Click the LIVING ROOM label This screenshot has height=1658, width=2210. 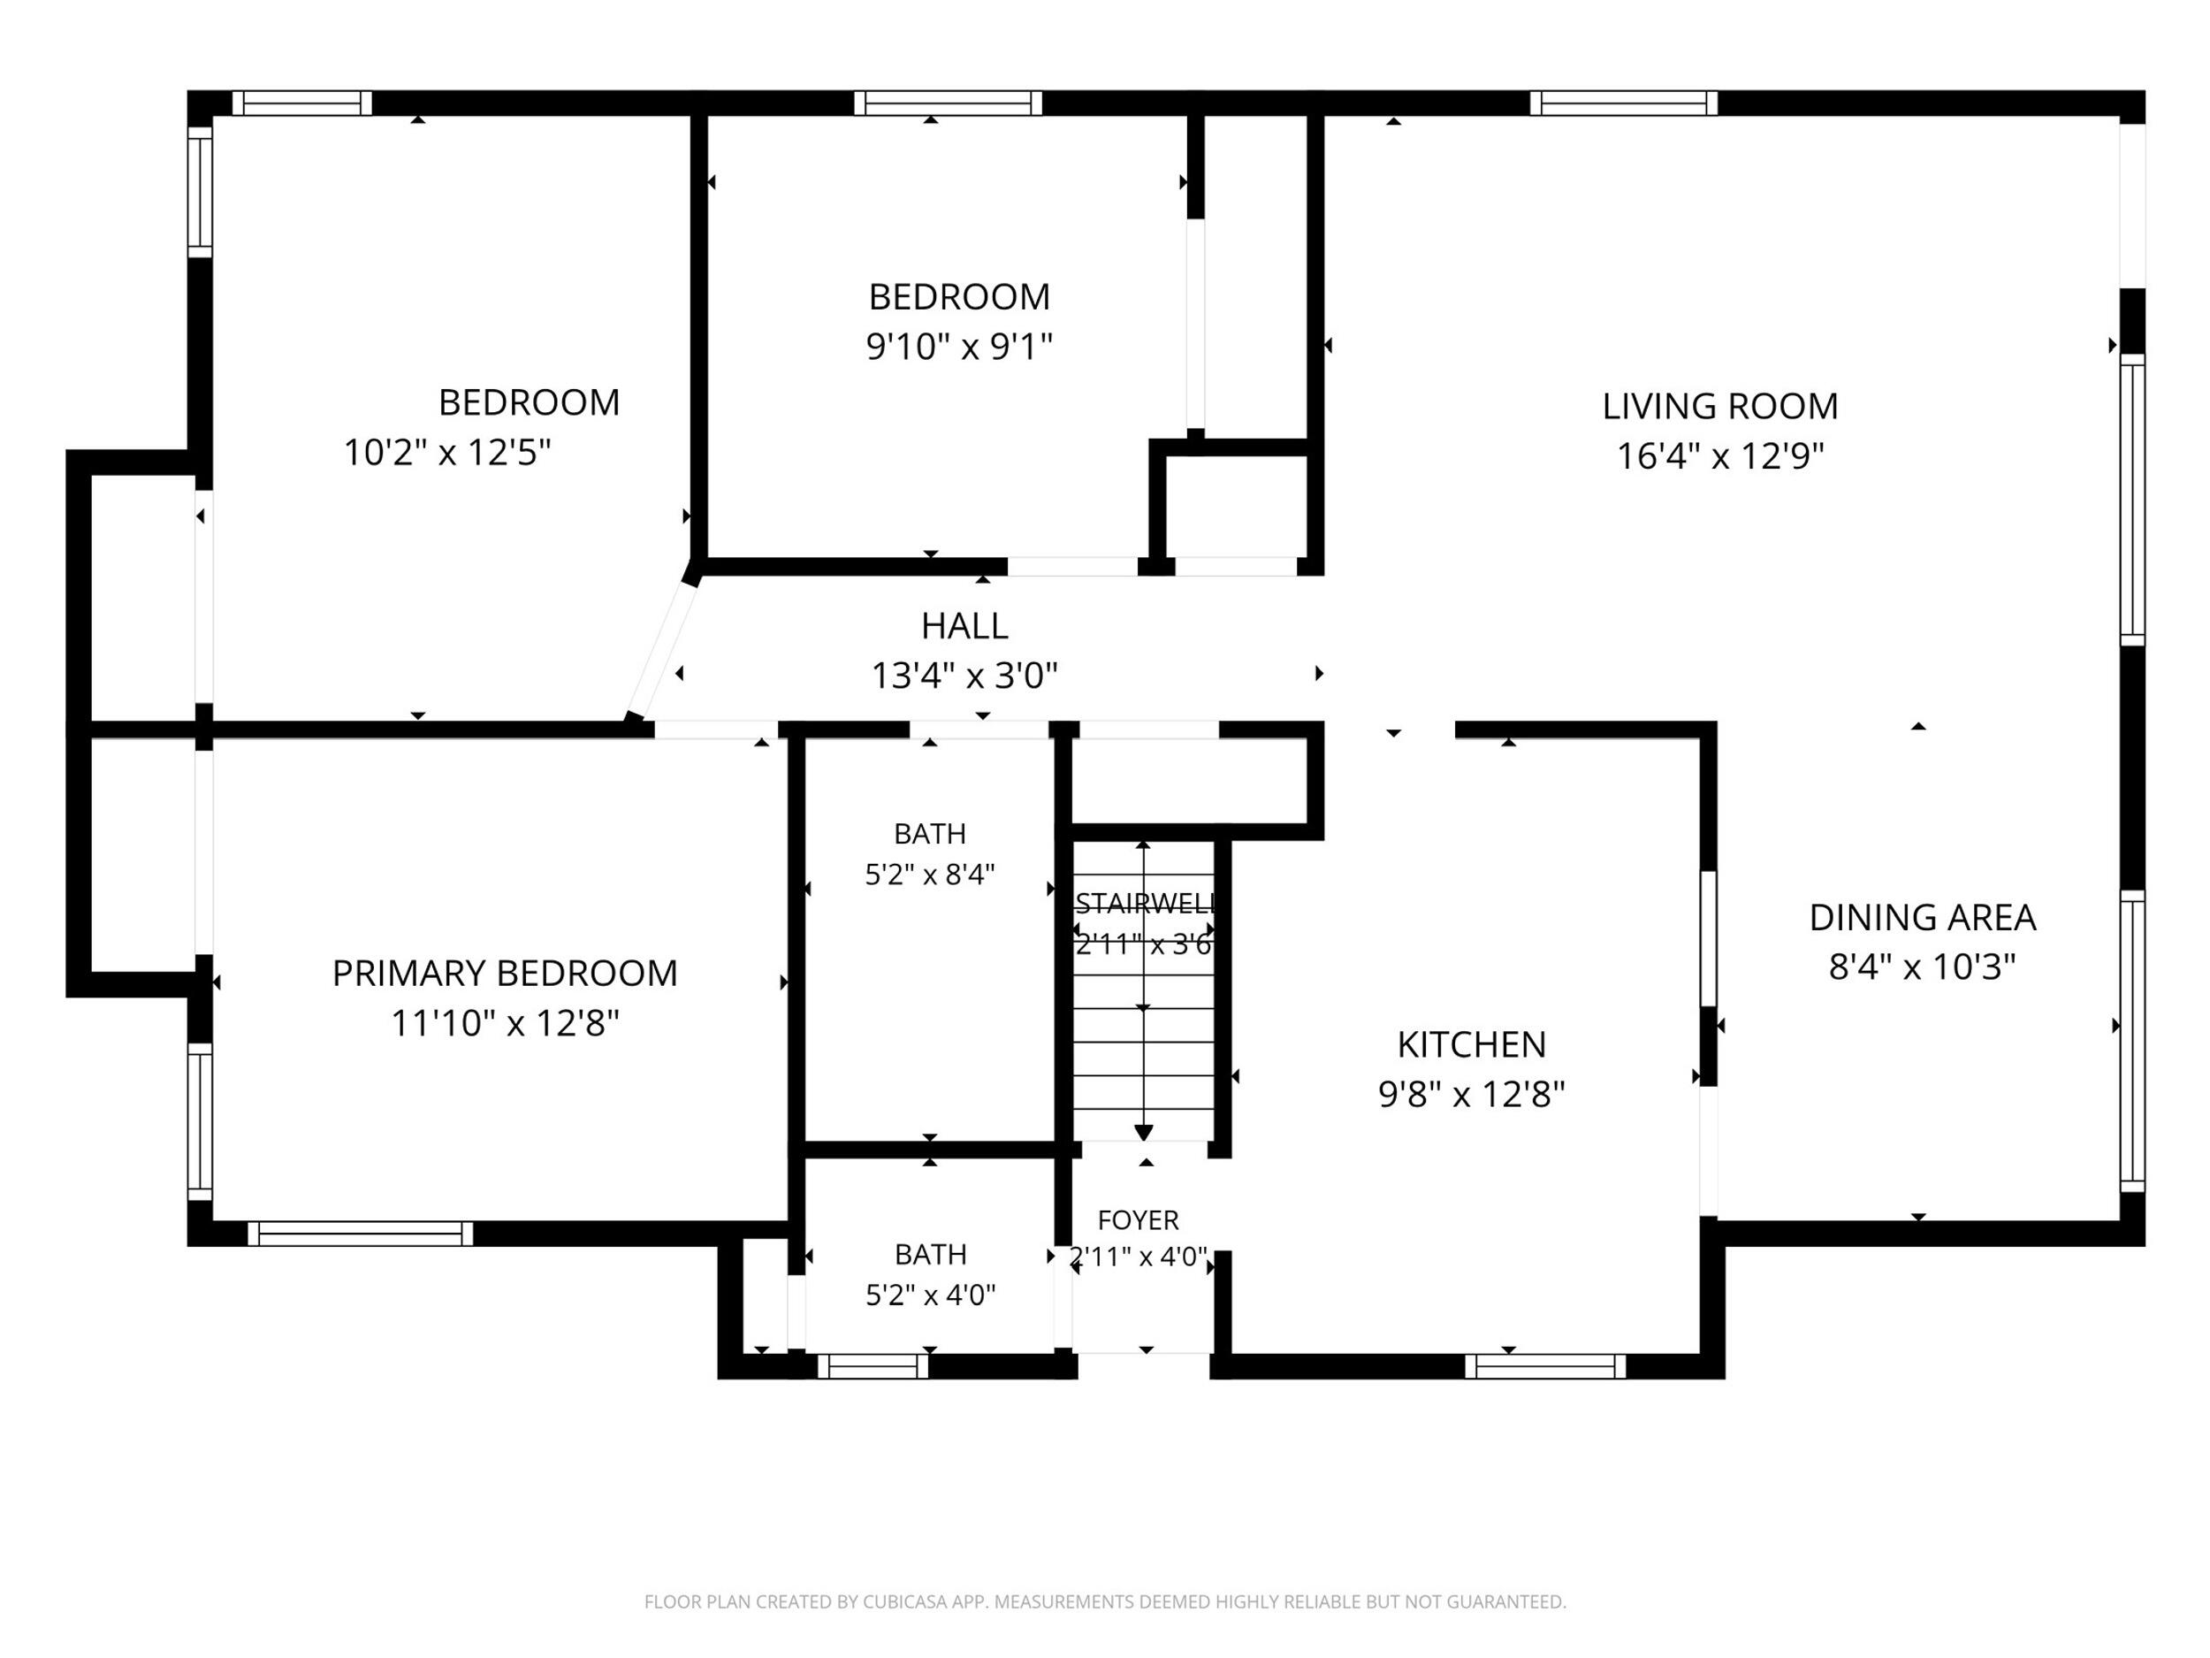point(1719,406)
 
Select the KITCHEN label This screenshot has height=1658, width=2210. point(1471,1044)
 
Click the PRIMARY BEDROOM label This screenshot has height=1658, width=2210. point(505,973)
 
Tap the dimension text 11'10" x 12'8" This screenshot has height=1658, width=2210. point(505,1023)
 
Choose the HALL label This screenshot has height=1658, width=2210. point(964,626)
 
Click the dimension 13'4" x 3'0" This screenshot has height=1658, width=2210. point(964,676)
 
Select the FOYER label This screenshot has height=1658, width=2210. point(1138,1220)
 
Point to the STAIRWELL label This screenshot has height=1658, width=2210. point(1145,904)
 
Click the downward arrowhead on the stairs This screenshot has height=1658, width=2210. point(1144,1133)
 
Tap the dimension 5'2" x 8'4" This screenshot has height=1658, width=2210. point(929,875)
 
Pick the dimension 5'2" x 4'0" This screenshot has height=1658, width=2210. point(930,1295)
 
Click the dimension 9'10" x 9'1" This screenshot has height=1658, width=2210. point(959,347)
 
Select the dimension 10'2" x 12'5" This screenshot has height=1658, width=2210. point(447,452)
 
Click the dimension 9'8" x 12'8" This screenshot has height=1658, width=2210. point(1471,1095)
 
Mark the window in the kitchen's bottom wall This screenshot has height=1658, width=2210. point(1544,1366)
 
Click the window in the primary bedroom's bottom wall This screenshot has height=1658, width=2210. point(360,1234)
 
